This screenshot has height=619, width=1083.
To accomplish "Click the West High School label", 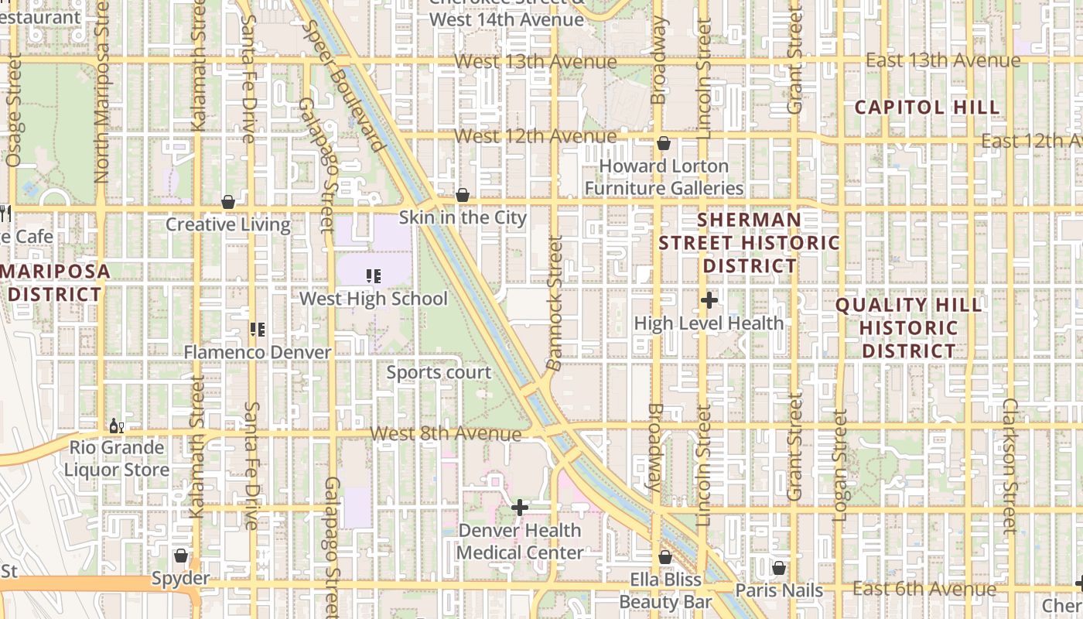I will tap(373, 299).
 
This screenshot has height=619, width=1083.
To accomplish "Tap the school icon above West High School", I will tap(374, 275).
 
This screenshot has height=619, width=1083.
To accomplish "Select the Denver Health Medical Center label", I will tap(519, 542).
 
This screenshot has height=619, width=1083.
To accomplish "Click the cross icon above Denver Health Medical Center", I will tap(520, 508).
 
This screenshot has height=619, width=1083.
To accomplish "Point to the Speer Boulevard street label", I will tap(343, 84).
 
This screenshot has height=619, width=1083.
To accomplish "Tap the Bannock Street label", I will tap(555, 303).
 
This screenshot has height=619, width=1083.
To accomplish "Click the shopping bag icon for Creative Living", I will tap(228, 203).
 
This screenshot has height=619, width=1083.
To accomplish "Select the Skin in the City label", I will tap(463, 217).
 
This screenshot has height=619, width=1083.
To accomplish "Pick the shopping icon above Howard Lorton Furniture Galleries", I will tap(663, 143).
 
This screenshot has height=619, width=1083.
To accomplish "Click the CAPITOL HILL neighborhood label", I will tap(927, 108).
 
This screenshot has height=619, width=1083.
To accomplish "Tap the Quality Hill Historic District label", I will tap(908, 327).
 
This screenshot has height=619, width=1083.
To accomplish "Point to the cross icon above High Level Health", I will tap(709, 300).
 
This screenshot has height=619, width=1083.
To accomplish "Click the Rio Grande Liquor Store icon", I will tap(116, 426).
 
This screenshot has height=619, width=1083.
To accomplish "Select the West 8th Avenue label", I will tap(445, 433).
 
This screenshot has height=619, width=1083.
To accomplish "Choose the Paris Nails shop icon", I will tap(779, 568).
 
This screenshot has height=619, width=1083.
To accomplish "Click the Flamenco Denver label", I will tap(257, 352).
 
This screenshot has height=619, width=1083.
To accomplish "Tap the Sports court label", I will tap(439, 372).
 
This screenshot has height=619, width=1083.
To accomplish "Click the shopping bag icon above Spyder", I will tap(180, 556).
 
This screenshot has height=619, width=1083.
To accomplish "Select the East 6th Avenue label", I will tap(924, 589).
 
